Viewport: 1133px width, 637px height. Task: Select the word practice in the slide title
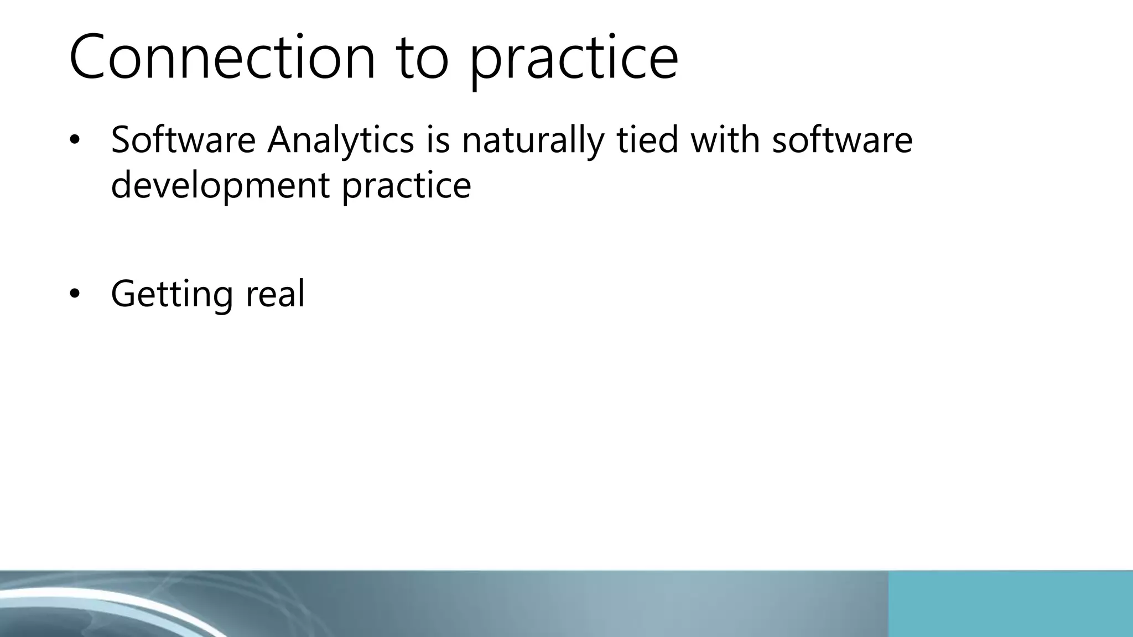[573, 61]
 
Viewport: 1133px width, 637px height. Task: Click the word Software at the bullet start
[183, 139]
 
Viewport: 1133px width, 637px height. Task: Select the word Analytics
[341, 140]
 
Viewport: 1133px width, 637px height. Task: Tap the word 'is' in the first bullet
[438, 139]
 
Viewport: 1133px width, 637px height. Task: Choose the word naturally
[533, 140]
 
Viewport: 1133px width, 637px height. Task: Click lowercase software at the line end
[842, 139]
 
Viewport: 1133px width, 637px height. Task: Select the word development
[220, 186]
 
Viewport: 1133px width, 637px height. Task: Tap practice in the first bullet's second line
[406, 186]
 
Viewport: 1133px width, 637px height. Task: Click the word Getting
[171, 295]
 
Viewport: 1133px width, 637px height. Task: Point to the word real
[275, 294]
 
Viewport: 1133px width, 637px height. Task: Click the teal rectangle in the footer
[1010, 604]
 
